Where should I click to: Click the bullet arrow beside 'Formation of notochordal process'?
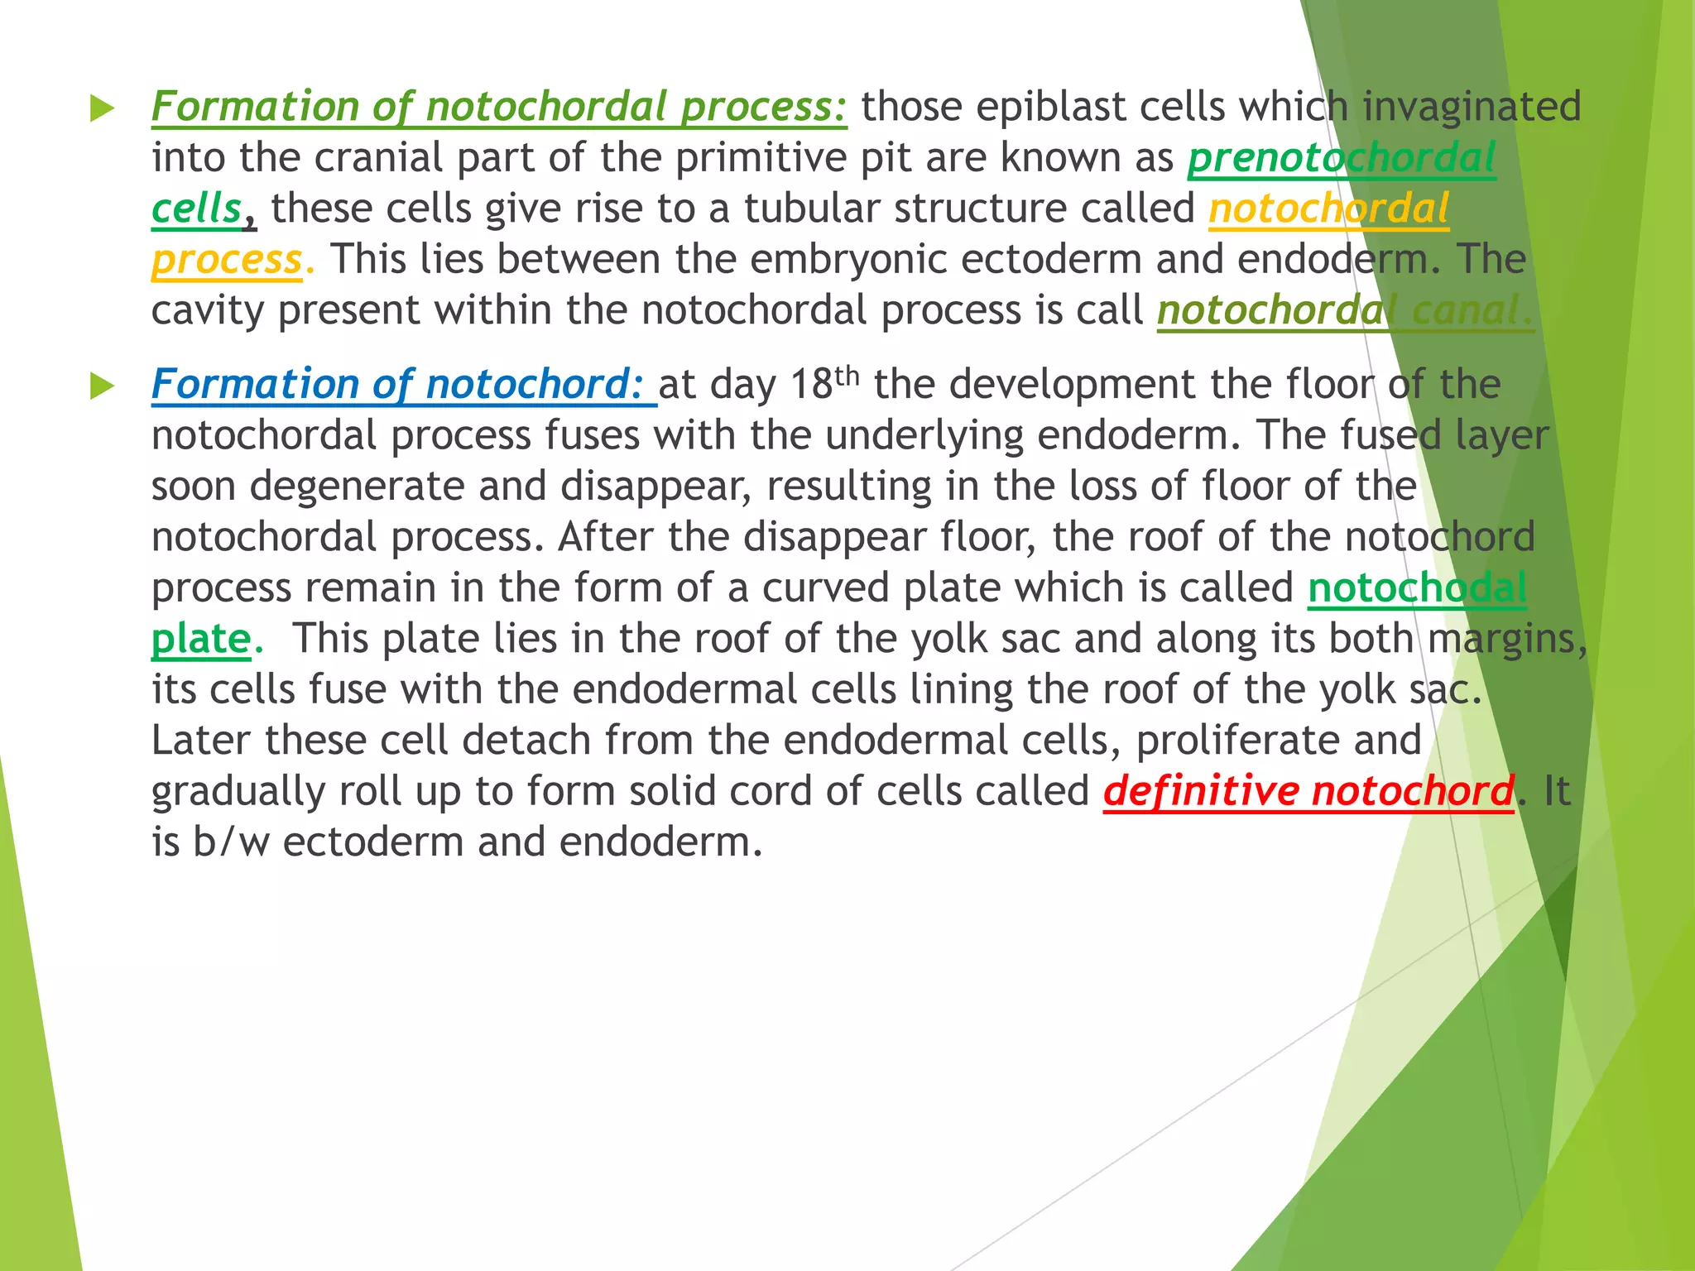pos(102,108)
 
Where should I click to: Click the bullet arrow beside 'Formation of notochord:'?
pos(102,386)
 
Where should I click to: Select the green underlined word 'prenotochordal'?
pos(1342,158)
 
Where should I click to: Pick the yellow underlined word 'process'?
pos(227,261)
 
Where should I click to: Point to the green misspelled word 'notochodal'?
pos(1417,588)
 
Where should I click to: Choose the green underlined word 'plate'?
pos(200,640)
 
